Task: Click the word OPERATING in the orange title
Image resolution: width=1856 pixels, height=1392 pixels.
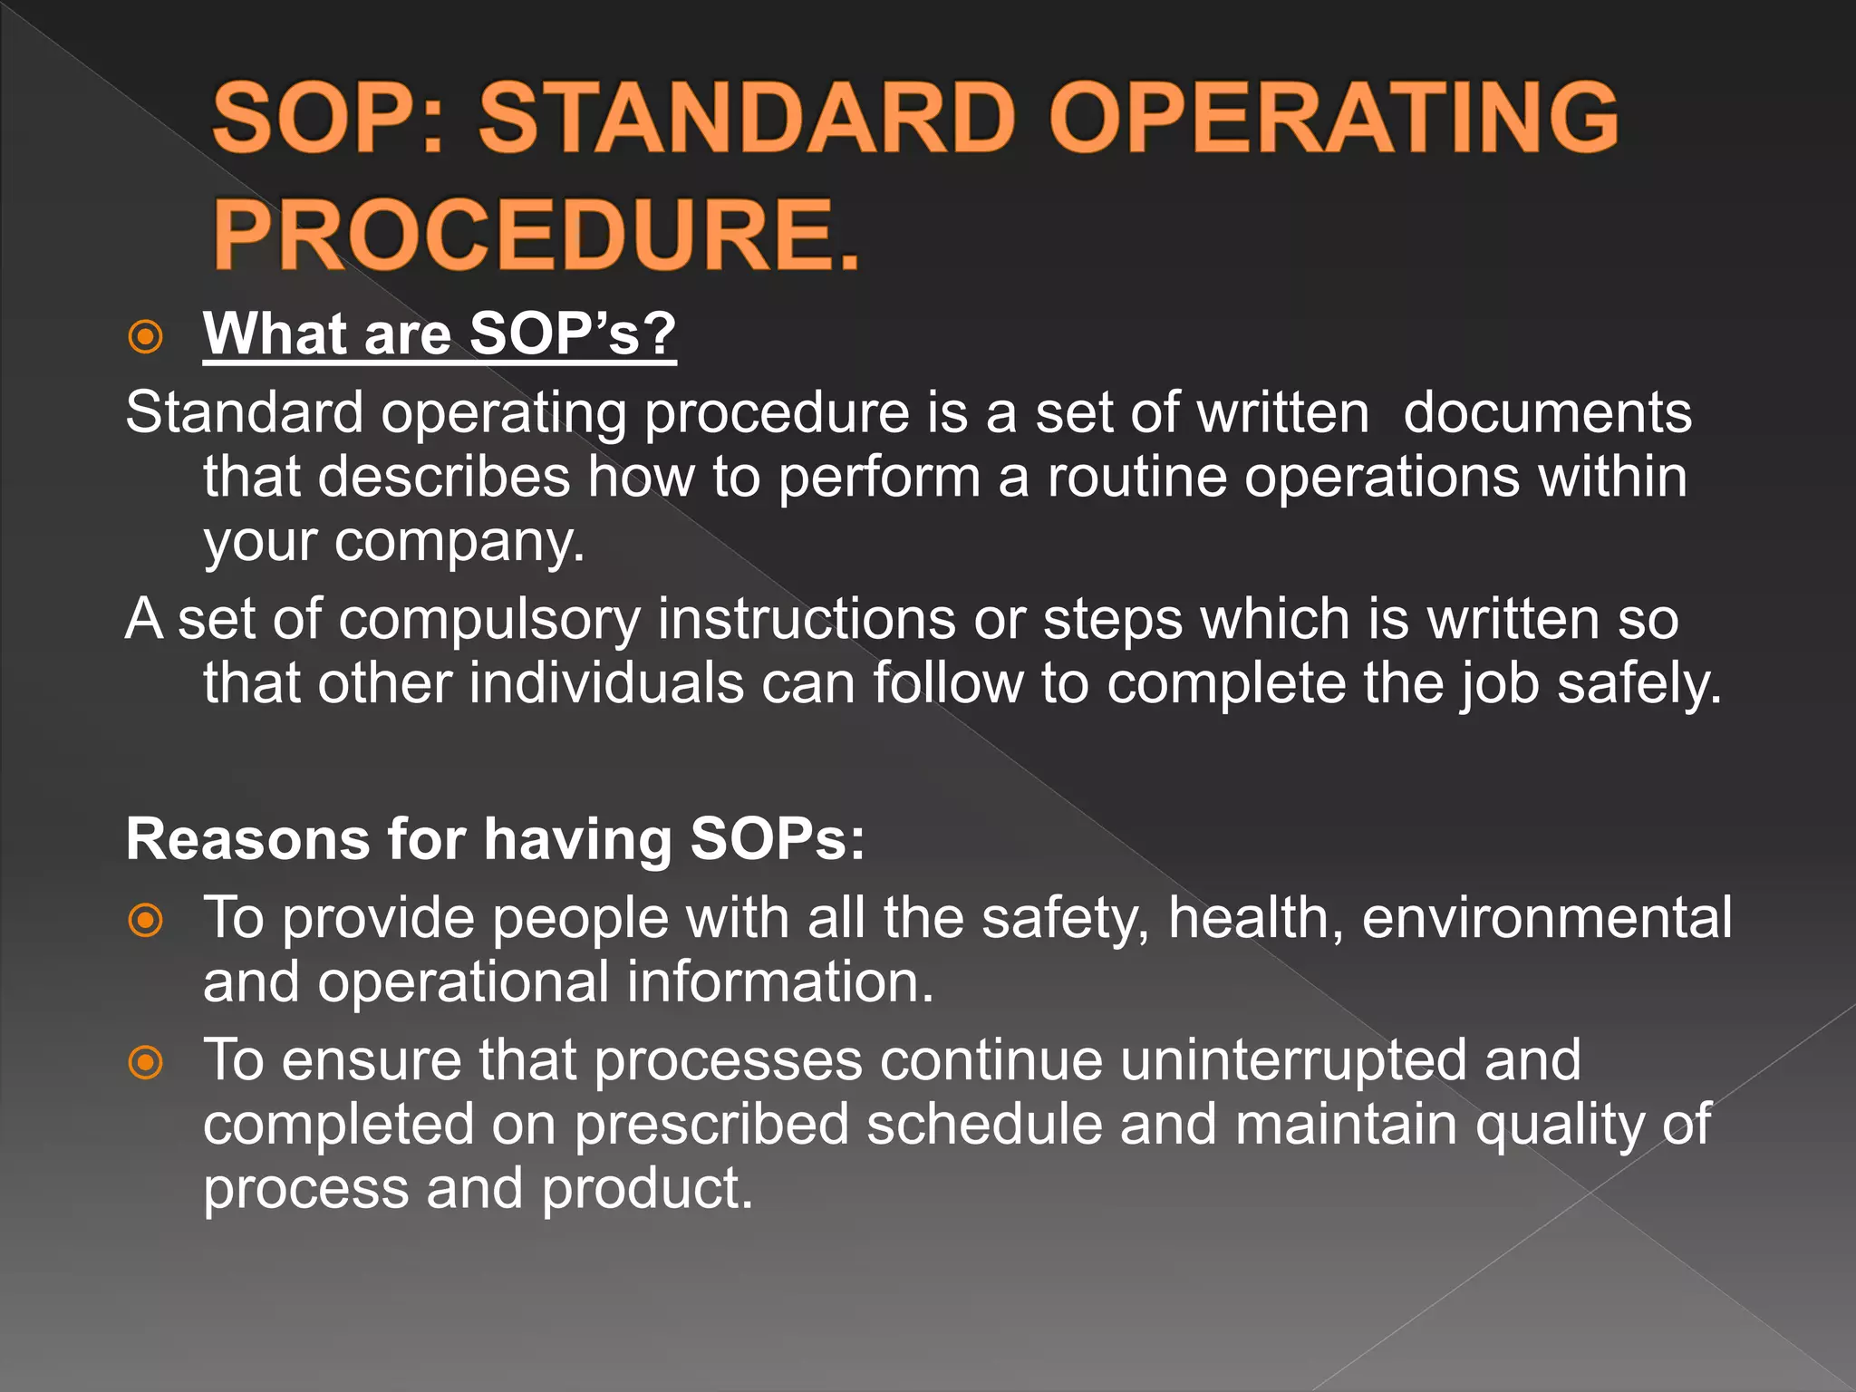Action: coord(1334,118)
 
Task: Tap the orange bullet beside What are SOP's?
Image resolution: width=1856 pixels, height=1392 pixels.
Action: coord(145,337)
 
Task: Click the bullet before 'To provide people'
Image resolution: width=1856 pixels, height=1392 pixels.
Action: coord(145,921)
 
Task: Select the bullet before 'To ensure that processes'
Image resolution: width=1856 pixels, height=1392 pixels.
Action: coord(145,1062)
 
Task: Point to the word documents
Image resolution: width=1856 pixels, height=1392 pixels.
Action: coord(1547,413)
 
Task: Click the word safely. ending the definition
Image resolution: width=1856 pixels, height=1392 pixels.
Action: coord(1638,683)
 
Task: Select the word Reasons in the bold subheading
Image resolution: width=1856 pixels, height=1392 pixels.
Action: coord(247,839)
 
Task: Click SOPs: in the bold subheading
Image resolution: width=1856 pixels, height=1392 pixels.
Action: coord(777,839)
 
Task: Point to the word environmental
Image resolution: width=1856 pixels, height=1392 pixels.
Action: coord(1547,919)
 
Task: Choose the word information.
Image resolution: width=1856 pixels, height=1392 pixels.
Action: coord(779,982)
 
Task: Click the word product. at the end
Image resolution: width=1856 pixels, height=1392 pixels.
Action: coord(647,1189)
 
